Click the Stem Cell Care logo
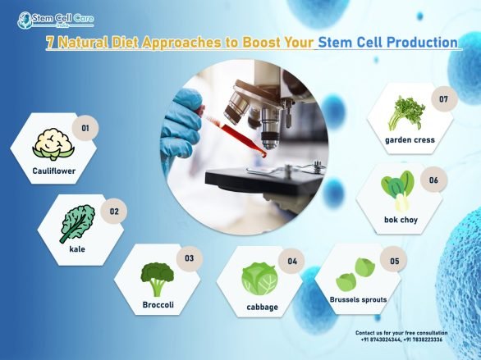50,17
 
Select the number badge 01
82,127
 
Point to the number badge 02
114,211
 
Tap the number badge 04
291,262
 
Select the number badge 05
394,261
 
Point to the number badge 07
443,99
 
